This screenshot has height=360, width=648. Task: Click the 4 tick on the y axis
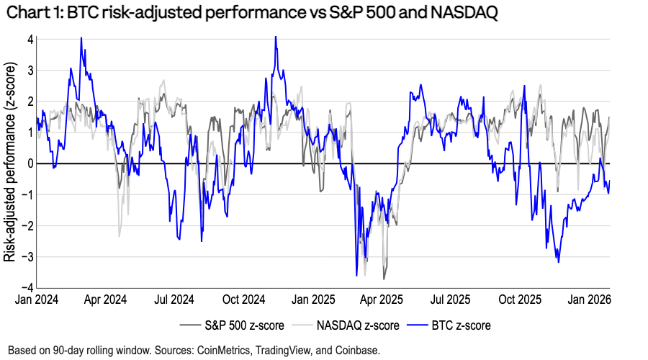(31, 40)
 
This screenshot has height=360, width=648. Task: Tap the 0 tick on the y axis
(31, 163)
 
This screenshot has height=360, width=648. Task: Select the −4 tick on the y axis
(28, 287)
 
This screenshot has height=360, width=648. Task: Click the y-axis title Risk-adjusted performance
(11, 164)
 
